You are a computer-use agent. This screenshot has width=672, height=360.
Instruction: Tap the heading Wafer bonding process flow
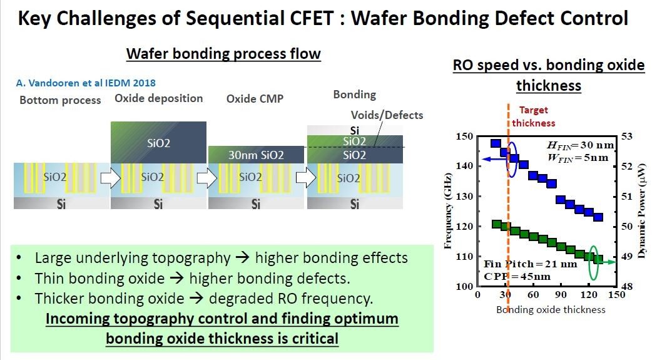223,54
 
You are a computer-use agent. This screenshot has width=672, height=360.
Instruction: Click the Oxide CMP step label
250,99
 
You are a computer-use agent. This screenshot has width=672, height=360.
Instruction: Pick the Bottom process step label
60,100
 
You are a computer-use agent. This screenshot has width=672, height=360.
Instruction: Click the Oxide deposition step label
159,98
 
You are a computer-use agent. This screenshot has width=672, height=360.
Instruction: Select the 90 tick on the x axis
561,295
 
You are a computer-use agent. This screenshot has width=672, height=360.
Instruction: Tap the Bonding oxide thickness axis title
551,309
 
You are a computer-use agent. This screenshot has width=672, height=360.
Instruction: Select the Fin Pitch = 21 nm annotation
530,264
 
